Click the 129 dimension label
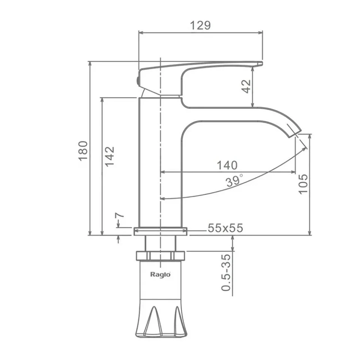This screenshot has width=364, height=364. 200,25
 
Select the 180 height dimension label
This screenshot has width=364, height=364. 83,151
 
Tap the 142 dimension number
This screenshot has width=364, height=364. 110,156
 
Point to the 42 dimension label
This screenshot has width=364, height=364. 246,86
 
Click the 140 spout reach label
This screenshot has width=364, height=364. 227,165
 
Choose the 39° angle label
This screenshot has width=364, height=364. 235,180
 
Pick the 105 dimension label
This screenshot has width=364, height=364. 303,184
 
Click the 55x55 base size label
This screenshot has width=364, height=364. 226,228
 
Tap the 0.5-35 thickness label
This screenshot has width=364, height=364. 226,272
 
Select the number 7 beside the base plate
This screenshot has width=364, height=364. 120,215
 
